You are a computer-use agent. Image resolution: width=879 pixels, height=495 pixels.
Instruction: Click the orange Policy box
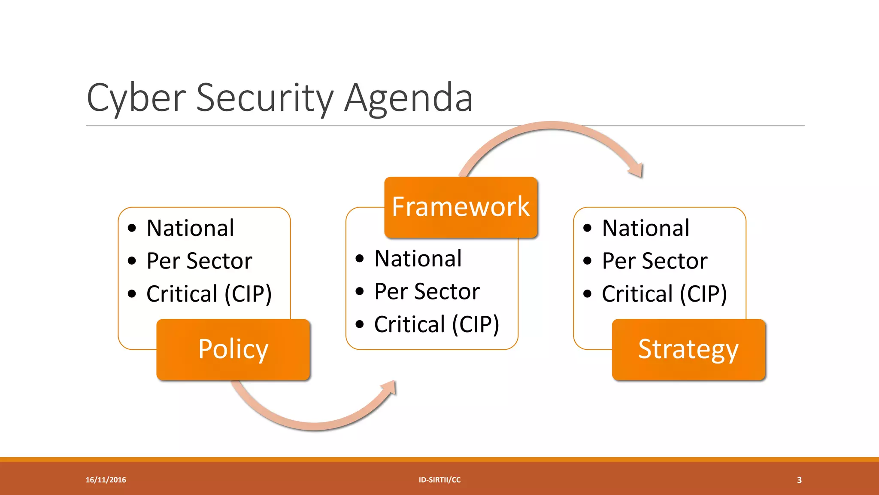click(233, 349)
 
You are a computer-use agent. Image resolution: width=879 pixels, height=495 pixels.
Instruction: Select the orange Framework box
click(461, 207)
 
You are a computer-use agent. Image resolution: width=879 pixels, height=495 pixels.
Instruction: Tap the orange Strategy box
click(688, 349)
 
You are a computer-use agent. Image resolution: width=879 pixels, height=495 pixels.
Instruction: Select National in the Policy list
click(190, 228)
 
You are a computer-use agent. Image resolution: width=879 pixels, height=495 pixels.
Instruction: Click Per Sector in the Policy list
click(199, 261)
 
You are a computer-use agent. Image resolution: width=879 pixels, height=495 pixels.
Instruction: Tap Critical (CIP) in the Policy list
click(209, 294)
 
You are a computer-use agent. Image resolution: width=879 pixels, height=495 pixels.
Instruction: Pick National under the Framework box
click(418, 259)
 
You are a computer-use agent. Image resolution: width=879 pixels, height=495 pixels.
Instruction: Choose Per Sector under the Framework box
click(427, 291)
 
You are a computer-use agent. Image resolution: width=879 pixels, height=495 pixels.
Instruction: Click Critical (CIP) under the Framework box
click(436, 324)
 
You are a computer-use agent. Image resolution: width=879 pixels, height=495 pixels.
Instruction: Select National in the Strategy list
click(646, 228)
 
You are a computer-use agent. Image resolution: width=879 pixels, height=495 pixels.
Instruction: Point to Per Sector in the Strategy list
click(655, 261)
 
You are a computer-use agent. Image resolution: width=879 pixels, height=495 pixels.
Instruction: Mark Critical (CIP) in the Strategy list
click(664, 294)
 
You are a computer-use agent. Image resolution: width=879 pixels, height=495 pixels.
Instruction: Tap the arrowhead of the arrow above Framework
click(637, 170)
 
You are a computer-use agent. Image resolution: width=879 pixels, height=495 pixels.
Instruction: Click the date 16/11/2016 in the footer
click(106, 480)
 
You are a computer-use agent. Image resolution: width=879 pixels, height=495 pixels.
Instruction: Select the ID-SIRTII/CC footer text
click(439, 480)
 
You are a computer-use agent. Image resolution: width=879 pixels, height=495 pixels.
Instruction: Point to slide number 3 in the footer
click(799, 480)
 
